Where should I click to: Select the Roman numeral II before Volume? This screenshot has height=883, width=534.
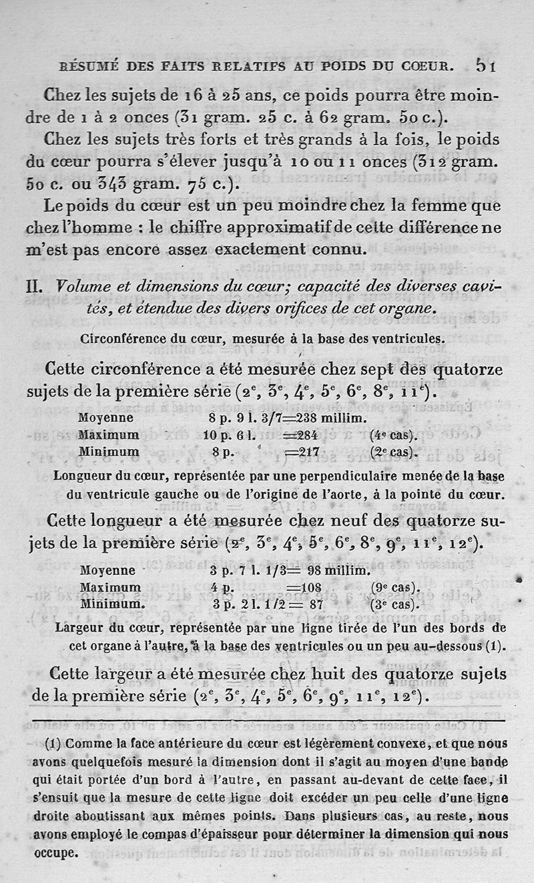click(35, 287)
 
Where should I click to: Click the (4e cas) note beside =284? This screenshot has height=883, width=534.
click(393, 435)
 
